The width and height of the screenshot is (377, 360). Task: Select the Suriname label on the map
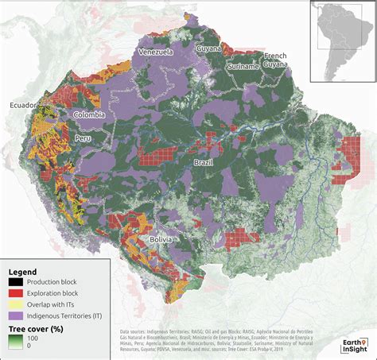pos(243,67)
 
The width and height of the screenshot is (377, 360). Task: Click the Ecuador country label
pos(24,105)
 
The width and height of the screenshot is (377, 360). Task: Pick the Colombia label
pos(89,114)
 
